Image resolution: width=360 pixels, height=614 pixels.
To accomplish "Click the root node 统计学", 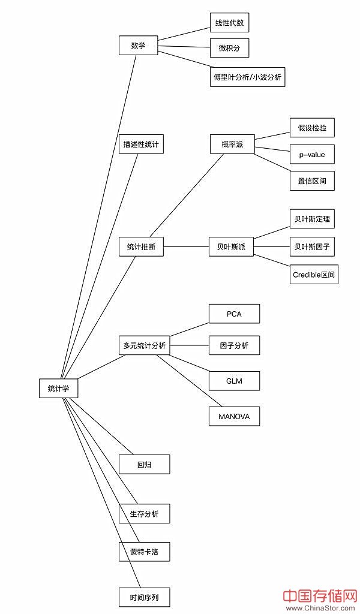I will [x=58, y=388].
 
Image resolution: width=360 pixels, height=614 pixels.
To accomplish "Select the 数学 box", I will [x=138, y=46].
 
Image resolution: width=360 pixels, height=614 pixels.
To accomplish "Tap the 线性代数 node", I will [x=229, y=23].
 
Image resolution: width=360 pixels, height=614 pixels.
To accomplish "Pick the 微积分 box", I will [x=229, y=48].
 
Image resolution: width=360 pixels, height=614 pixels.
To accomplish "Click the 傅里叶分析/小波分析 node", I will [x=247, y=77].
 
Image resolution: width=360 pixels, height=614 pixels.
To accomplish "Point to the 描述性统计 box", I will [x=141, y=144].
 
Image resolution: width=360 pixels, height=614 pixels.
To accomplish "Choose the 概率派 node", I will [x=232, y=145].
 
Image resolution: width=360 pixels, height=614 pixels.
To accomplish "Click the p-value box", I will [x=312, y=154].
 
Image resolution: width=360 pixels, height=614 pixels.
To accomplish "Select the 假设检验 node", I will [x=312, y=128].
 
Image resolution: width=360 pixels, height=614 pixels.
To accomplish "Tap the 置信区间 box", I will [x=312, y=180].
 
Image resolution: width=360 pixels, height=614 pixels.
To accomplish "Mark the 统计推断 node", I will [x=141, y=247].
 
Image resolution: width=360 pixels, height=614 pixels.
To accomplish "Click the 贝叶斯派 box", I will [x=231, y=247].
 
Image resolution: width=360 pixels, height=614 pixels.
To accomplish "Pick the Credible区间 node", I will [x=314, y=275].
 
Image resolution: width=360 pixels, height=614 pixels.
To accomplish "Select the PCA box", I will [x=234, y=314].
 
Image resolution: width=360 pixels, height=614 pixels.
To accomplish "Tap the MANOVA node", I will [x=234, y=416].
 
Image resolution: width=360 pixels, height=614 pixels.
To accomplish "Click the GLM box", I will [x=234, y=381].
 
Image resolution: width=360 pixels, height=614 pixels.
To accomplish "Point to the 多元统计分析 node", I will [x=144, y=345].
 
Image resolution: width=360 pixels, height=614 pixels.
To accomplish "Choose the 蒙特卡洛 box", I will [x=144, y=551].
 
